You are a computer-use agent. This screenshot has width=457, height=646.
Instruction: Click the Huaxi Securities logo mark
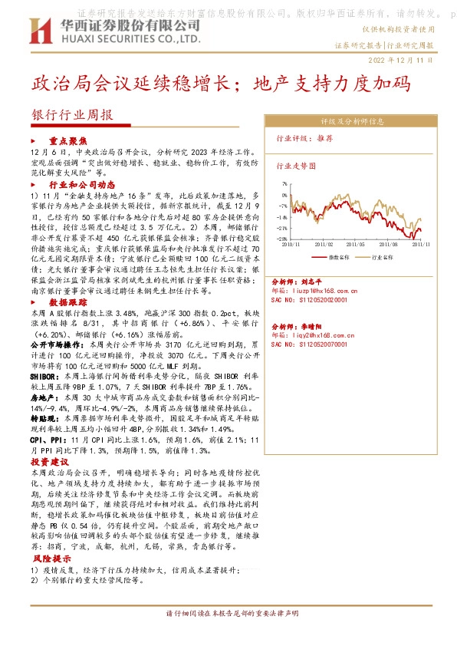pyautogui.click(x=40, y=30)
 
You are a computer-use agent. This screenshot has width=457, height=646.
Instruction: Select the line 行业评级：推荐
pyautogui.click(x=304, y=139)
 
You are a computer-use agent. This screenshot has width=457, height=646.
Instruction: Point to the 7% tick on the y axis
pyautogui.click(x=284, y=184)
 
